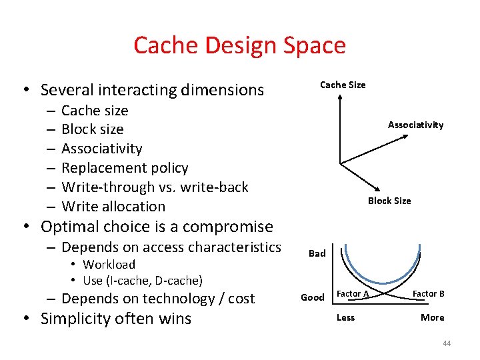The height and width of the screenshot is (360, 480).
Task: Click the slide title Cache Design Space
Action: coord(239,45)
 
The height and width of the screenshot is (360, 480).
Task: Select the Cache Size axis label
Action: coord(343,85)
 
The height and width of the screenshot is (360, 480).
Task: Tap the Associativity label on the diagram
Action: coord(415,125)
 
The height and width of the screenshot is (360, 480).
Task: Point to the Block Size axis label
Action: coord(389,201)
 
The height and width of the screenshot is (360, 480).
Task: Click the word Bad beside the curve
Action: coord(317,253)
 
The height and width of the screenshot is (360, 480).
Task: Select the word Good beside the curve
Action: coord(312,297)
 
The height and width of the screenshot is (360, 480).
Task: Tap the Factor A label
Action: coord(353,294)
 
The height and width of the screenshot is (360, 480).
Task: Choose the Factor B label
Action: coord(429,294)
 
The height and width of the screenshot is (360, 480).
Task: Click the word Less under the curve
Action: coord(345,317)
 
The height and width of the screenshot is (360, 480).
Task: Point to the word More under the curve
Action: coord(432,317)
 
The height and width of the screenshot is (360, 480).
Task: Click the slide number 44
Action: coord(446,343)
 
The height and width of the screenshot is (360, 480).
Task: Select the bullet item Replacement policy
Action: coord(125,168)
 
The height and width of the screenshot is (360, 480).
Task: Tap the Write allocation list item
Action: coord(113,207)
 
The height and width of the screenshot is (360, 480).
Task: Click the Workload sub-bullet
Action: coord(109,265)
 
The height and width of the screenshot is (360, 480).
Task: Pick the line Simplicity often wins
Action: coord(116,319)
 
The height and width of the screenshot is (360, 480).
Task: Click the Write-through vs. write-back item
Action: coord(155,187)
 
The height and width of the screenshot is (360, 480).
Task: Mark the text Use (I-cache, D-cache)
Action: coord(143,281)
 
